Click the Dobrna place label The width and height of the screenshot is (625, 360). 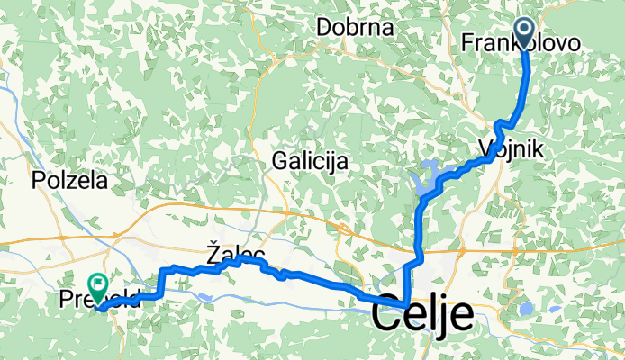pos(355,27)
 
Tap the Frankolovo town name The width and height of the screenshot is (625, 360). pos(520,43)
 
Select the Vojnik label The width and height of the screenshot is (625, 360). pos(504,151)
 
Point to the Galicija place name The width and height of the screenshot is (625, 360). pos(310,161)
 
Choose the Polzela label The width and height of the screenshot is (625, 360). pos(69,180)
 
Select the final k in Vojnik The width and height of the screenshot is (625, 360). pos(538,151)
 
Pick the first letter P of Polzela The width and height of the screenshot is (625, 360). pos(39,180)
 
